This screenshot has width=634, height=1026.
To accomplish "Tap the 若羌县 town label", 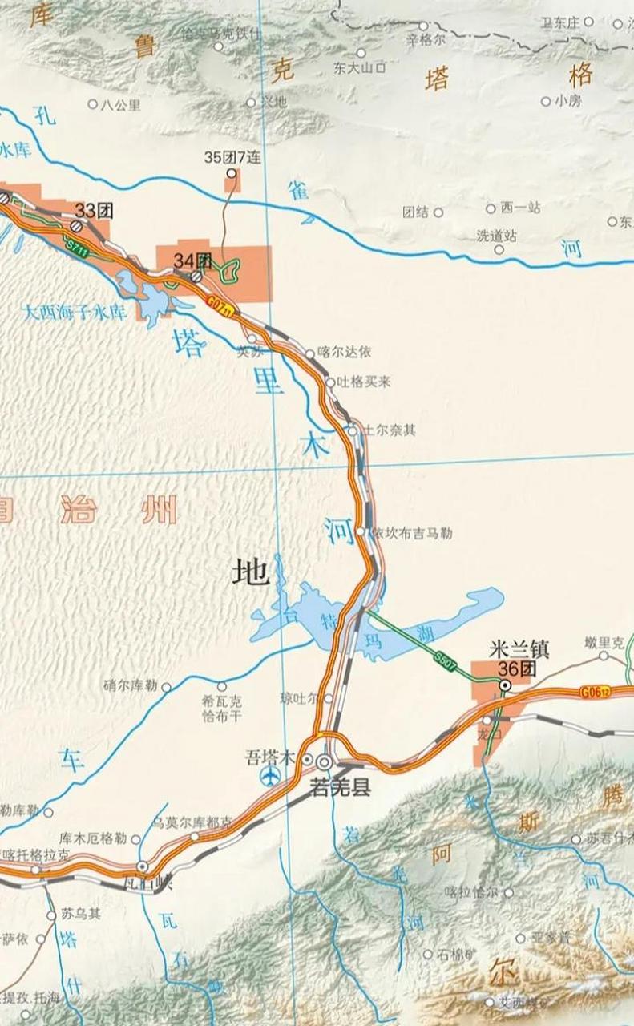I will point(341,789).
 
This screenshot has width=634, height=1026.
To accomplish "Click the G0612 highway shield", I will point(596,690).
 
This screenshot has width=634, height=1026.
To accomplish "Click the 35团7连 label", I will point(233,157).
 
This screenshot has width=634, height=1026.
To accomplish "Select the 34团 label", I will point(193,260).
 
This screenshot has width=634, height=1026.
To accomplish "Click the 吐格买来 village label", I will point(363,382).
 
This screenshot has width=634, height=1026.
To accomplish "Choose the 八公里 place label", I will point(120,103).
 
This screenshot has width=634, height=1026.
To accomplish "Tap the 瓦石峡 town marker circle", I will point(142,866).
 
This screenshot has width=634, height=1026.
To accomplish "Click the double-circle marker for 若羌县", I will point(325,761).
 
